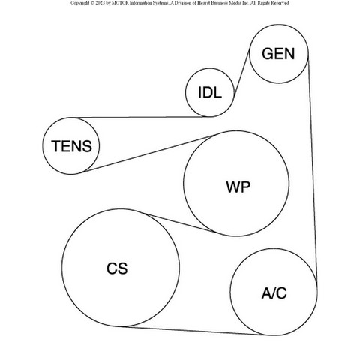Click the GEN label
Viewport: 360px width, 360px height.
(278, 54)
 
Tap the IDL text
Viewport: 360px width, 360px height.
(210, 92)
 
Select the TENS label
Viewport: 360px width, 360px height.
(72, 146)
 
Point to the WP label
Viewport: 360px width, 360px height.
(238, 187)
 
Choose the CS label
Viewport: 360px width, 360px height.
(117, 268)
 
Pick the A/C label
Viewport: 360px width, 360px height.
(274, 293)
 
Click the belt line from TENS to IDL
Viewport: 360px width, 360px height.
(140, 117)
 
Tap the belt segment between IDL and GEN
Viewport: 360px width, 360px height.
(241, 73)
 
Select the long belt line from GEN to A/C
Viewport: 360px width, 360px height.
(313, 169)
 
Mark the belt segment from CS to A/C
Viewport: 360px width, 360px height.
(193, 330)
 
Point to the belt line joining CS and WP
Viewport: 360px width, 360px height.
(180, 223)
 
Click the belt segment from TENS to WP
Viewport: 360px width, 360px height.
(148, 154)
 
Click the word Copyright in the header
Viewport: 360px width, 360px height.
(79, 3)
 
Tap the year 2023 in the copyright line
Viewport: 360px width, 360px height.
(100, 3)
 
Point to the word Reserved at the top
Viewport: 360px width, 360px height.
(280, 3)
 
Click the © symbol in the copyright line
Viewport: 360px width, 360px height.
(92, 3)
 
